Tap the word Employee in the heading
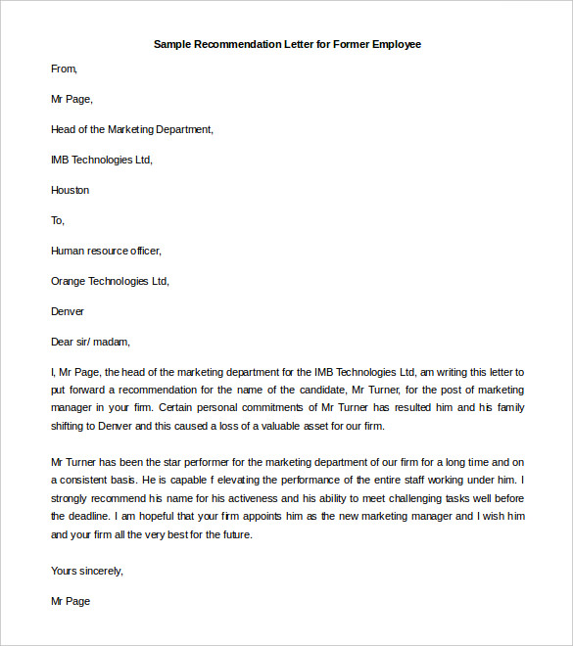pos(396,45)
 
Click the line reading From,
pos(64,69)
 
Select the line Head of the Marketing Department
pos(131,129)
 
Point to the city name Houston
pos(70,190)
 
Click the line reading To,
pos(58,220)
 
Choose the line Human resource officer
pos(106,251)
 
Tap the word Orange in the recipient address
pos(69,281)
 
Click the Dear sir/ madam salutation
pos(90,342)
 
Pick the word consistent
pos(87,480)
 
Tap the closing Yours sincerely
pos(87,570)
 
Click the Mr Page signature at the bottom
pos(70,601)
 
